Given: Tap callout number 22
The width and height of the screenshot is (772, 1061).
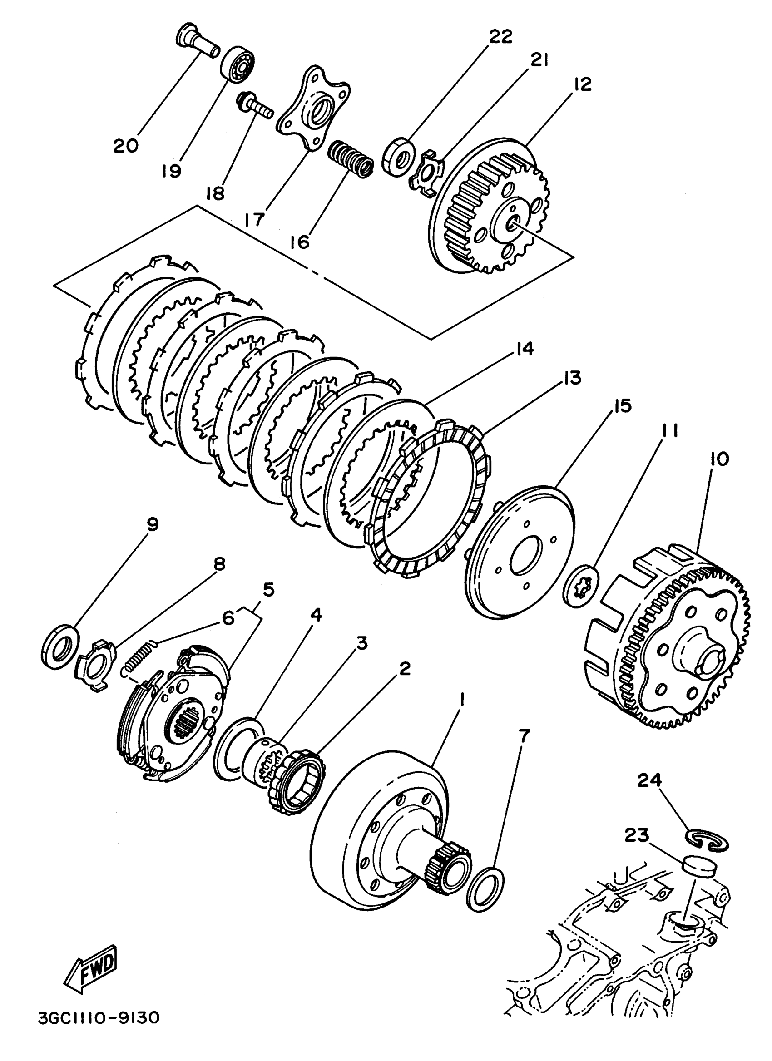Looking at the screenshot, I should point(500,37).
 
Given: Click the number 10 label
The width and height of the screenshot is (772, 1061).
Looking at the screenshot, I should point(719,459).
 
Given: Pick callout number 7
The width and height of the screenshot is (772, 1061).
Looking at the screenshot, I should point(524,736).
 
